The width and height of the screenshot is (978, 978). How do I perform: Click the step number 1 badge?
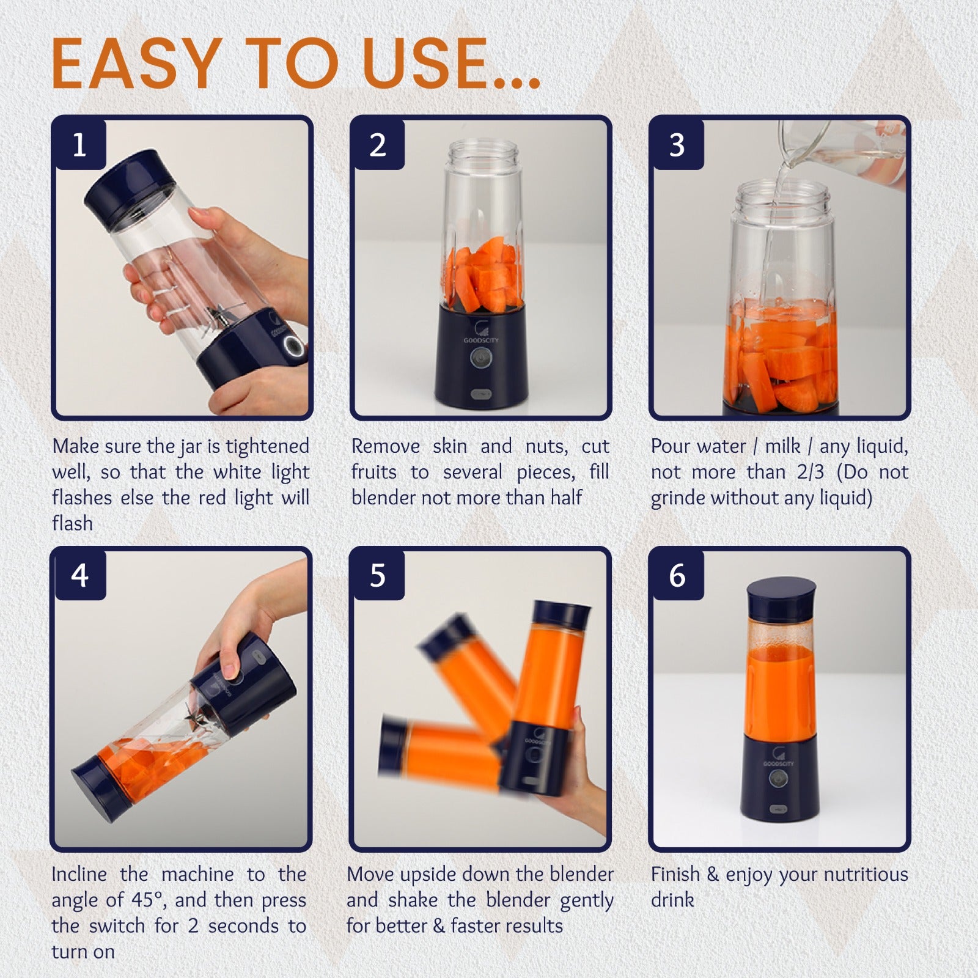[79, 145]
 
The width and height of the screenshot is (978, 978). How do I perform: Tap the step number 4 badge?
[79, 575]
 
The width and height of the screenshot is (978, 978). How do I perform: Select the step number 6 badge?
[677, 575]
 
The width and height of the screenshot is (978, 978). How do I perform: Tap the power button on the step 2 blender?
[480, 357]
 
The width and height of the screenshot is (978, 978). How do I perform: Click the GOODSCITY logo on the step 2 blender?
[480, 333]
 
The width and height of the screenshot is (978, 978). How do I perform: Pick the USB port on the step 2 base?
[480, 393]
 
